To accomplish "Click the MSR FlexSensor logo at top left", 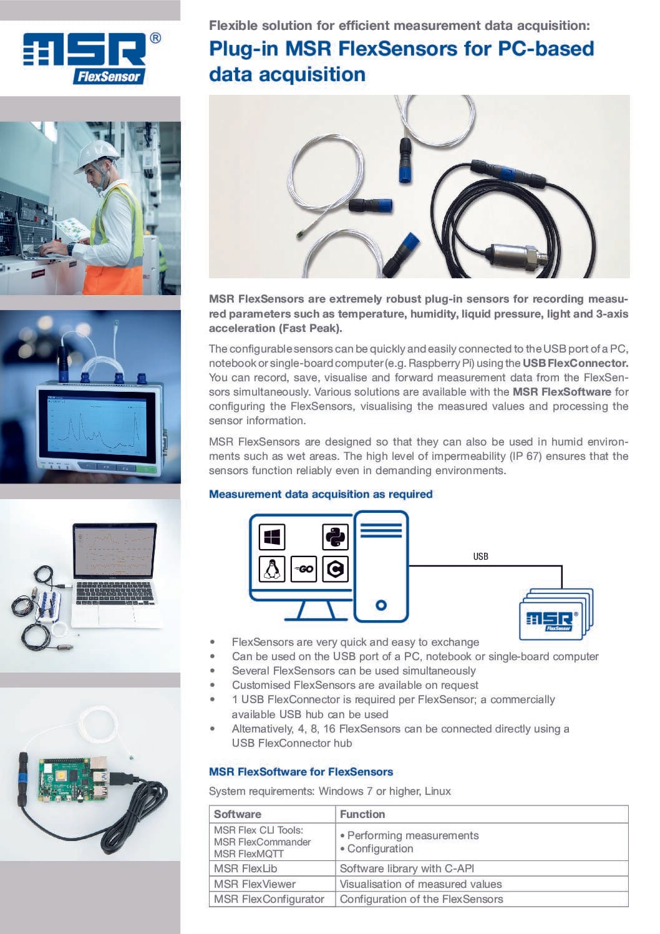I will (91, 57).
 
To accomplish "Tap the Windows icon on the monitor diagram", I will (272, 537).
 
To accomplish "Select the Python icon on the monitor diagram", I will (335, 537).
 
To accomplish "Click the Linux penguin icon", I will (272, 568).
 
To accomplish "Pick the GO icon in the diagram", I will (304, 569).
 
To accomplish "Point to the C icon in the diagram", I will (335, 569).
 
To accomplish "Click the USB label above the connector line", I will (480, 557).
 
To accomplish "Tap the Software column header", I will (238, 814).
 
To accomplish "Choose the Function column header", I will (362, 814).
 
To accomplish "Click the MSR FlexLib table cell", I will (245, 868).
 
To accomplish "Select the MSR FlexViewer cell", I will (255, 884).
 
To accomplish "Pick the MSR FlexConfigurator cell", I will (269, 899).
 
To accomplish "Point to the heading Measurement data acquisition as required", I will (321, 494).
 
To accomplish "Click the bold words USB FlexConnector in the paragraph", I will (575, 363).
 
